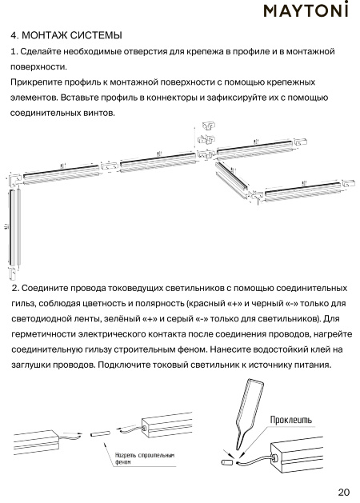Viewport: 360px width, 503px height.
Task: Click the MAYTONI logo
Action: pos(306,10)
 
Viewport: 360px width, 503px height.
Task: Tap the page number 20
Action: pos(343,492)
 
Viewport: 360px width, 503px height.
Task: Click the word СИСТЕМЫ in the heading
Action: pos(96,35)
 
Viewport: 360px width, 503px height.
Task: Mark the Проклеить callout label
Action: pos(290,420)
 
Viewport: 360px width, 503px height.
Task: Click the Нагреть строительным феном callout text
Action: pos(145,458)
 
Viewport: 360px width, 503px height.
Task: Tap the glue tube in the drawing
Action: pos(250,413)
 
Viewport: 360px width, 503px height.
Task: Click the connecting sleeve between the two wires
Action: pos(100,434)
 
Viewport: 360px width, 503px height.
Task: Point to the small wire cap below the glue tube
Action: pos(227,462)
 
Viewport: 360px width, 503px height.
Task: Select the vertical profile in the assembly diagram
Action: pos(15,227)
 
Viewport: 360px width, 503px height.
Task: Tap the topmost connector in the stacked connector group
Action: pos(208,126)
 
